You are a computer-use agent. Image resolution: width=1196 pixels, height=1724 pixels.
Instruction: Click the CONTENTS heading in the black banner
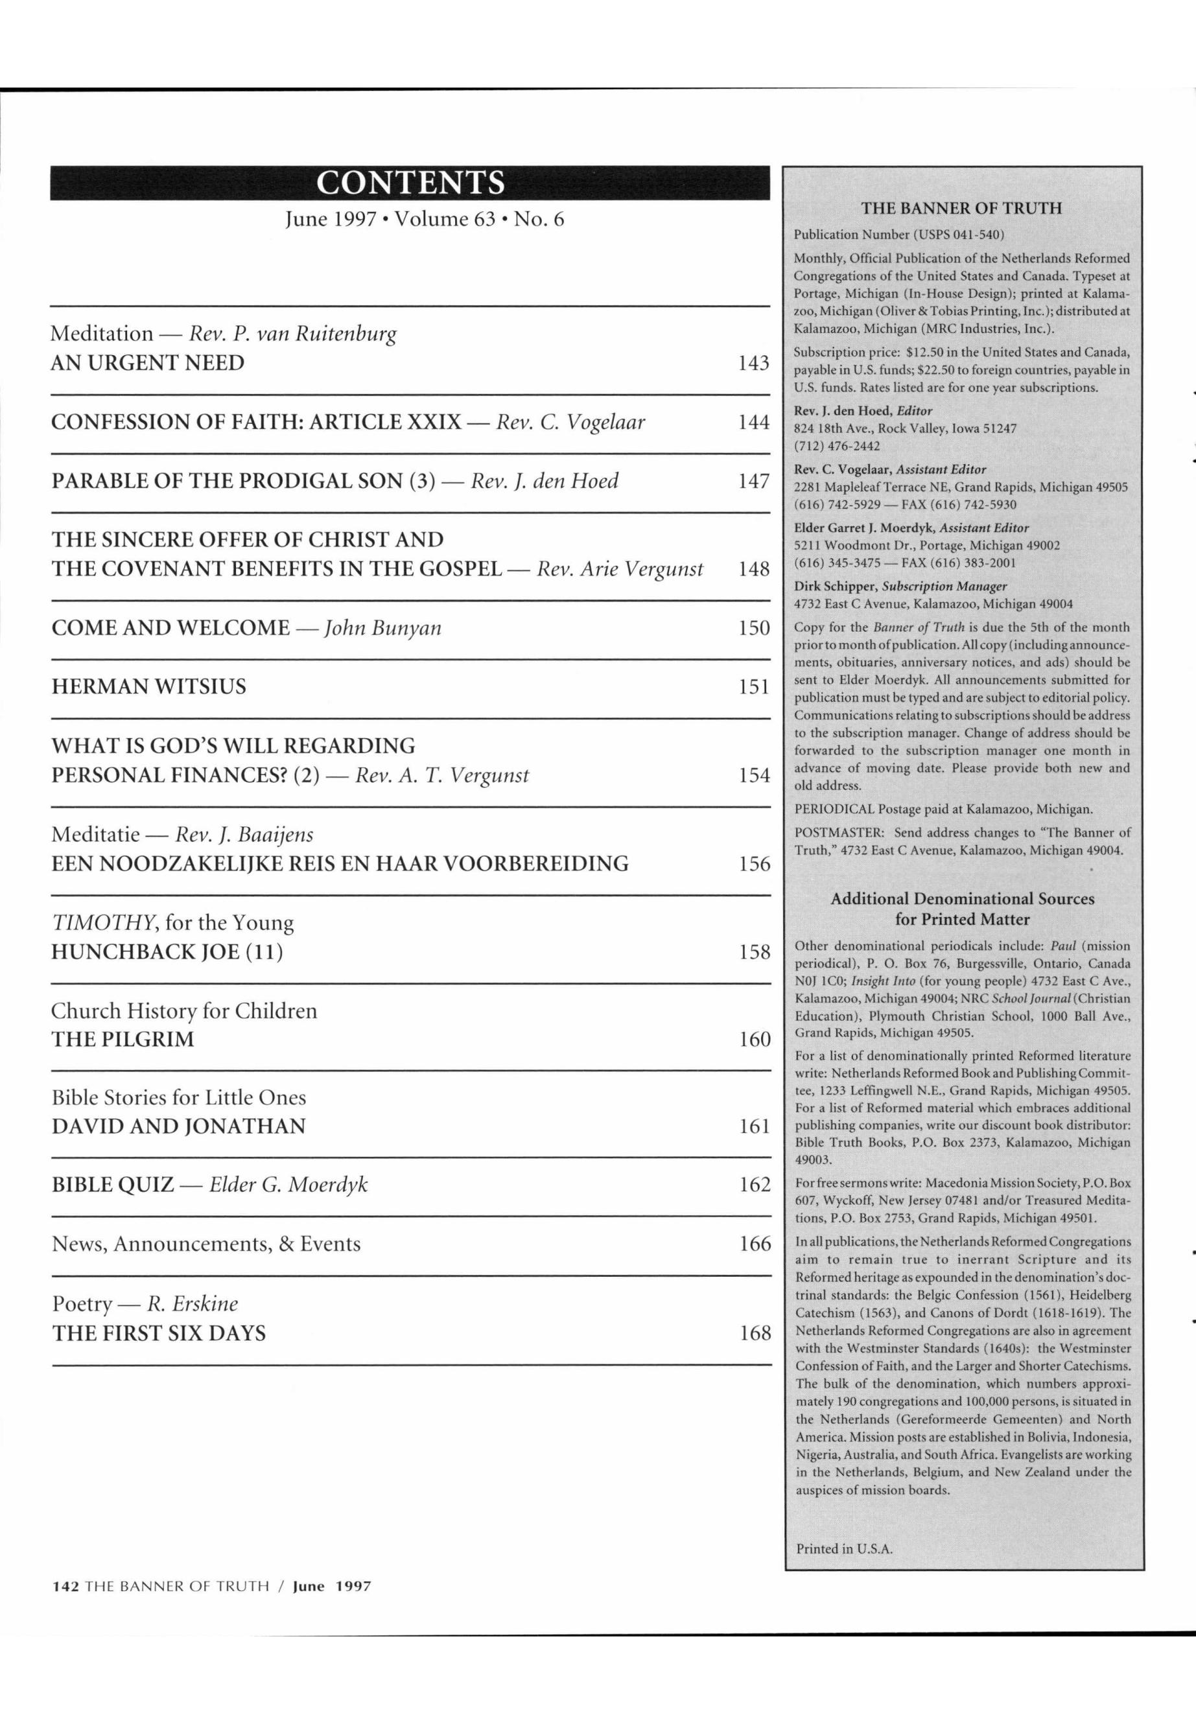tap(410, 183)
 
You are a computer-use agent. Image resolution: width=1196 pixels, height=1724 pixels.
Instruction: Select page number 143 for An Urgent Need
tap(753, 364)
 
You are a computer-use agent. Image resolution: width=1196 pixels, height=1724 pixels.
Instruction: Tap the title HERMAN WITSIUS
tap(148, 687)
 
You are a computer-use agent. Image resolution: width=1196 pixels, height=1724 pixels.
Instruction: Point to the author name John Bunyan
tap(382, 628)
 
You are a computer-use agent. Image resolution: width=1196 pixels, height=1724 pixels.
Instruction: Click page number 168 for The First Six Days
tap(755, 1334)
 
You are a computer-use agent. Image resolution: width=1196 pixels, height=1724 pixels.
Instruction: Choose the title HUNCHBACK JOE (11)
tap(167, 952)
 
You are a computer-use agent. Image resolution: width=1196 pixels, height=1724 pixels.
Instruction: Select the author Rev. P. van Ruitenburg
tap(292, 333)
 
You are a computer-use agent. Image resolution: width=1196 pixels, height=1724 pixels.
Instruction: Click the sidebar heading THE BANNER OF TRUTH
tap(961, 208)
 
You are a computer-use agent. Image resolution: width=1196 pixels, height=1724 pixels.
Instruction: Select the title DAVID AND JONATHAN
tap(178, 1127)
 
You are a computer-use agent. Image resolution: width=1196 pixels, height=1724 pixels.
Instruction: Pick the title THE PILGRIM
tap(123, 1040)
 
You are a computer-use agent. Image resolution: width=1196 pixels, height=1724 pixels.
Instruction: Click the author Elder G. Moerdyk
tap(288, 1185)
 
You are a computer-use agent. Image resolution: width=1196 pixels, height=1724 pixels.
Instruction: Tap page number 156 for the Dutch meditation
tap(755, 864)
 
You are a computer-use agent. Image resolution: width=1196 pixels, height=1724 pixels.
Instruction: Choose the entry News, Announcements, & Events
tap(206, 1244)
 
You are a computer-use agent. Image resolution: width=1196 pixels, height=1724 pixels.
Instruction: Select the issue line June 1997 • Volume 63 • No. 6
tap(424, 220)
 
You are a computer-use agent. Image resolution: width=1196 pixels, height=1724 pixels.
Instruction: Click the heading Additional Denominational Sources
tap(962, 899)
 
